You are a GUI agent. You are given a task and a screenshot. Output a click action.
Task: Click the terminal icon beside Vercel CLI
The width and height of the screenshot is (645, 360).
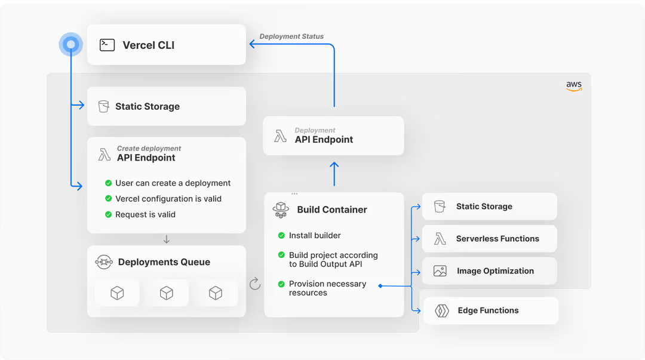pyautogui.click(x=107, y=45)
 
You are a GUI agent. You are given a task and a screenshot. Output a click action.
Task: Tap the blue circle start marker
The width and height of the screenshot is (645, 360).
pyautogui.click(x=70, y=44)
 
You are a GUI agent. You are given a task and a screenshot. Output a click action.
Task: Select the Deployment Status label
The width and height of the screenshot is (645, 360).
pyautogui.click(x=291, y=36)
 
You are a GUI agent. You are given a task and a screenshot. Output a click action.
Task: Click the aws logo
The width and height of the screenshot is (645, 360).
pyautogui.click(x=574, y=85)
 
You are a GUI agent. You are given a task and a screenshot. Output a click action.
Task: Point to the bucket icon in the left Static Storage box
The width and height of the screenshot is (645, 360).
pyautogui.click(x=104, y=106)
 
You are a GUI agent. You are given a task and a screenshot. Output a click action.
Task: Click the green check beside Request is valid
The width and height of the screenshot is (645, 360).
pyautogui.click(x=108, y=214)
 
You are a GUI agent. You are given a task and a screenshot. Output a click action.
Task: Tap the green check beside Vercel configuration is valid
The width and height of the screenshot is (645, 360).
pyautogui.click(x=108, y=198)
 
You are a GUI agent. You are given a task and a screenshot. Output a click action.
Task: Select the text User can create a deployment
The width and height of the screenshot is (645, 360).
pyautogui.click(x=173, y=183)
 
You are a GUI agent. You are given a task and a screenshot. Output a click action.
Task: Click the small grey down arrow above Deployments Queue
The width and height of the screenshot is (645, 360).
pyautogui.click(x=166, y=239)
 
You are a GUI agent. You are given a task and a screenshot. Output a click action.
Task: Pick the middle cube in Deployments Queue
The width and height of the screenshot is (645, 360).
pyautogui.click(x=166, y=293)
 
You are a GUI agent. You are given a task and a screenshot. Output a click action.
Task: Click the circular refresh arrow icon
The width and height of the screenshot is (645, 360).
pyautogui.click(x=255, y=284)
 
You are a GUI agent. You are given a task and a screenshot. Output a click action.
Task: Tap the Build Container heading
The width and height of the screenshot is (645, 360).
pyautogui.click(x=332, y=210)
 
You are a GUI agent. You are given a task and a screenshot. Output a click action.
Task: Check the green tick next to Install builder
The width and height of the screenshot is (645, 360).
pyautogui.click(x=281, y=235)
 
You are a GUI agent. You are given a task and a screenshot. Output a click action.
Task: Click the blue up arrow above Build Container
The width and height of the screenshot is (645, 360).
pyautogui.click(x=334, y=174)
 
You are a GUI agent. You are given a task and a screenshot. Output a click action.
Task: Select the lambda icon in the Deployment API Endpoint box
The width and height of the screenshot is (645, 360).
pyautogui.click(x=280, y=136)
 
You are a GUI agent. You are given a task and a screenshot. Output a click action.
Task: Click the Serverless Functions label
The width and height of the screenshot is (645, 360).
pyautogui.click(x=497, y=239)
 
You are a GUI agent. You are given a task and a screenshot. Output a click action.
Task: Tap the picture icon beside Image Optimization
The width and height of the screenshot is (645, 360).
pyautogui.click(x=440, y=270)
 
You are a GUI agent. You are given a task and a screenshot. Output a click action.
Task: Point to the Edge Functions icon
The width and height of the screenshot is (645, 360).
pyautogui.click(x=442, y=310)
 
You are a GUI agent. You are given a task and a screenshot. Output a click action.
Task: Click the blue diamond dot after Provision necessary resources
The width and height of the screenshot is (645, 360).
pyautogui.click(x=380, y=285)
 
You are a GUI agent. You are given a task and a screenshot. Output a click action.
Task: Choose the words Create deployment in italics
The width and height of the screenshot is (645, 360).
pyautogui.click(x=149, y=148)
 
